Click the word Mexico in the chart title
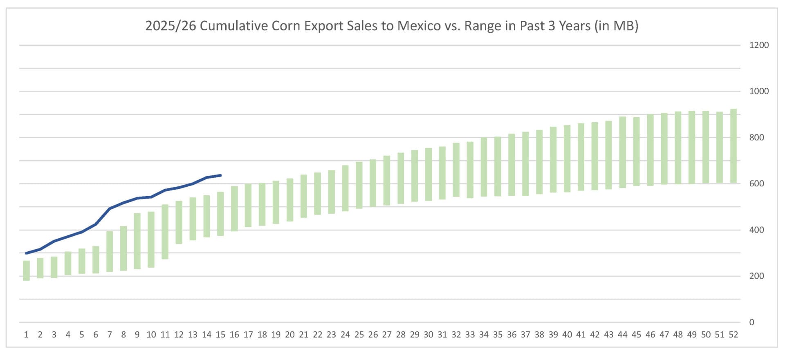tap(419, 26)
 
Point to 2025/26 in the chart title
tap(170, 26)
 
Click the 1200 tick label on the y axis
tap(759, 45)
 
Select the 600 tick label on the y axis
tap(756, 184)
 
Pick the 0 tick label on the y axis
tap(751, 322)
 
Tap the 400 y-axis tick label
tap(756, 230)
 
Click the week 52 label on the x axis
tap(733, 335)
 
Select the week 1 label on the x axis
tap(26, 335)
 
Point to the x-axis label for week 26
tap(373, 335)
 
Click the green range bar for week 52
tap(733, 145)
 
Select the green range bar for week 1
tap(26, 271)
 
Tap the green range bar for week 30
tap(428, 174)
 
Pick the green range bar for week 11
tap(165, 232)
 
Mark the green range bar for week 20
tap(290, 200)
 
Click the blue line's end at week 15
tap(220, 175)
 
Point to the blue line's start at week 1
tap(26, 253)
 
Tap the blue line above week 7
tap(110, 208)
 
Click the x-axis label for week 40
tap(567, 335)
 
